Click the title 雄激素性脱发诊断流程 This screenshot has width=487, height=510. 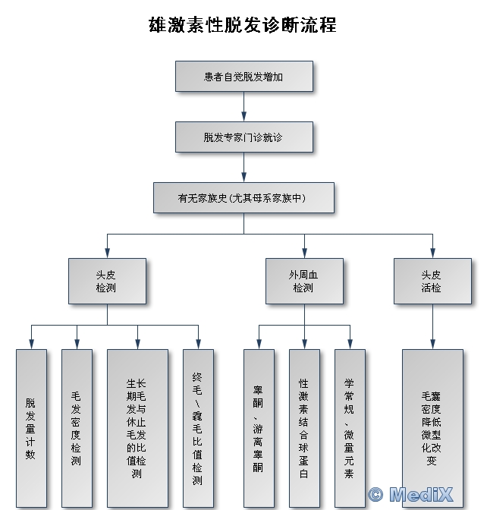tap(243, 25)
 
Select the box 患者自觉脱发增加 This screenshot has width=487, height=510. tap(243, 77)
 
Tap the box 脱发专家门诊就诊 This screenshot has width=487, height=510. tap(243, 137)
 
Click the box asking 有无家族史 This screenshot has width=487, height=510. tap(243, 198)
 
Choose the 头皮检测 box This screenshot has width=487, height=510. tap(107, 281)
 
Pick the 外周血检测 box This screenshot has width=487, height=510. tap(304, 281)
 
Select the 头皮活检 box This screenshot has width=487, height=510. tap(432, 281)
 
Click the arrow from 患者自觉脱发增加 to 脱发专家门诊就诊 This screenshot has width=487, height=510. tap(243, 107)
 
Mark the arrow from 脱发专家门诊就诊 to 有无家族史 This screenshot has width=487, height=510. tap(243, 168)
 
